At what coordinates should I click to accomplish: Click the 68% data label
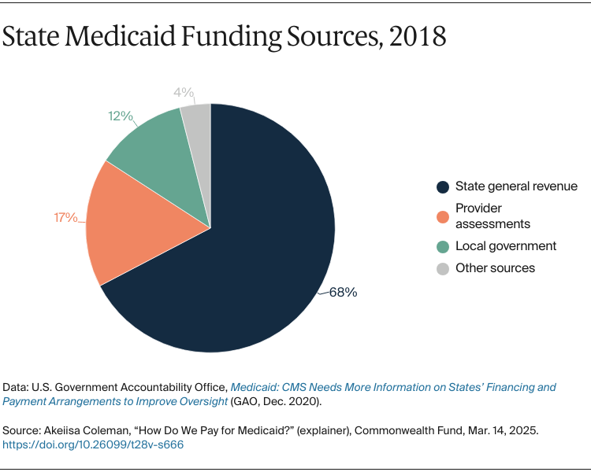343,292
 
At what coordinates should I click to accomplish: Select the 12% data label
120,116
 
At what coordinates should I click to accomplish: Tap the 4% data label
184,93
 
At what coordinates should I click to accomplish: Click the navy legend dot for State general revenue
442,187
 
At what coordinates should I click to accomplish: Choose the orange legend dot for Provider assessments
442,216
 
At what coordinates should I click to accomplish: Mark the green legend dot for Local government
442,246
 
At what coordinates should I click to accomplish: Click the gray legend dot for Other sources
442,268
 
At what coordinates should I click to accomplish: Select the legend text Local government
506,246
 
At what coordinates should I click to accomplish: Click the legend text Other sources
495,268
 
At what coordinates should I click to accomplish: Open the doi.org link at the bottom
93,444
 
